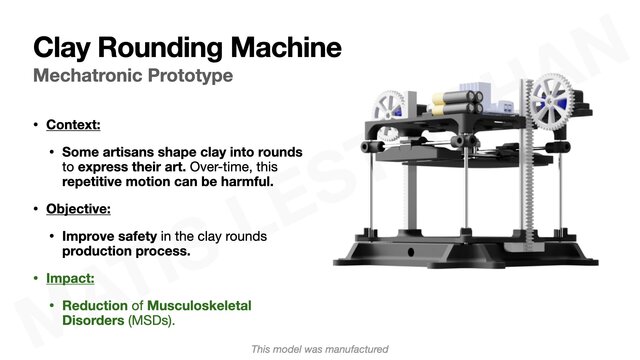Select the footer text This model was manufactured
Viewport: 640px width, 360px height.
tap(319, 349)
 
